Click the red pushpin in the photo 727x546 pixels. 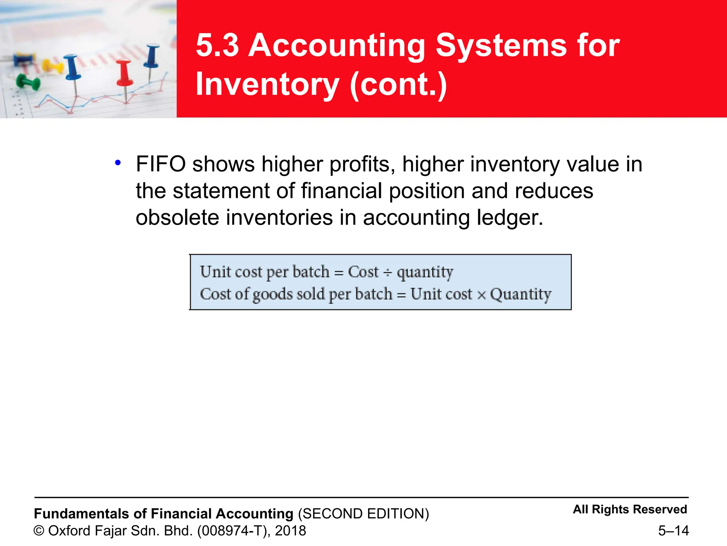(124, 73)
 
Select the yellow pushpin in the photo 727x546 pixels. (53, 66)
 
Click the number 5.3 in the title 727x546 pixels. (217, 45)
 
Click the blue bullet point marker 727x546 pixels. (118, 163)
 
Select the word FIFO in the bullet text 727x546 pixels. (160, 164)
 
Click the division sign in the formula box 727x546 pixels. (388, 273)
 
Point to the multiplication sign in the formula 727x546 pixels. (481, 295)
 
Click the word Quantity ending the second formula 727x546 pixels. (520, 294)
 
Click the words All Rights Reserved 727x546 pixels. (630, 509)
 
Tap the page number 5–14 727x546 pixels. (673, 531)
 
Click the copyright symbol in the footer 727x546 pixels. (39, 531)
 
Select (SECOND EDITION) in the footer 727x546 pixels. (363, 514)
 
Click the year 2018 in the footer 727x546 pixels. (290, 531)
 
